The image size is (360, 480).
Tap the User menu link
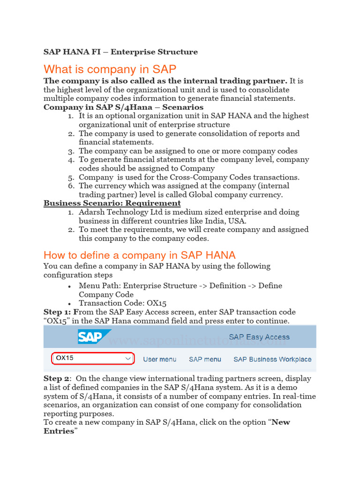[x=159, y=359]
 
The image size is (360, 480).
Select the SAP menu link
[x=205, y=359]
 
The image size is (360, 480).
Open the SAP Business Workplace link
[x=272, y=359]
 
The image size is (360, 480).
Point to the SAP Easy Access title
[x=259, y=337]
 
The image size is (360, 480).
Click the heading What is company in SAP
[x=110, y=69]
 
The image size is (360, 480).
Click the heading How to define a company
[x=139, y=255]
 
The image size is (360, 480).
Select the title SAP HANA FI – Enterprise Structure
[x=120, y=52]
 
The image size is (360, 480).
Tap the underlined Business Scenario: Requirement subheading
[x=112, y=203]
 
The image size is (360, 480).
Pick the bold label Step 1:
[x=59, y=312]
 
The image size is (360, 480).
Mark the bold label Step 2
[x=57, y=378]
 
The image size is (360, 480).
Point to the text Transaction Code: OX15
[x=122, y=303]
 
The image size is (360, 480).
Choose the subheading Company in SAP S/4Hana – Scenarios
[x=123, y=107]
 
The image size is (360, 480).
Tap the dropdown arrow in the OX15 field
[x=128, y=359]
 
